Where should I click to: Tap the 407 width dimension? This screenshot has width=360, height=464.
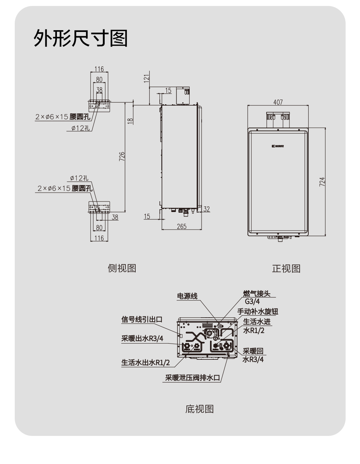click(278, 102)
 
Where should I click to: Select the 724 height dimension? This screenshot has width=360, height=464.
click(322, 182)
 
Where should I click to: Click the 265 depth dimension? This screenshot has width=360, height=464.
click(182, 227)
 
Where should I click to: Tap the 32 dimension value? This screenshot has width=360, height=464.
click(207, 209)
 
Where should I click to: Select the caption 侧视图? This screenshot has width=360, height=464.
click(122, 268)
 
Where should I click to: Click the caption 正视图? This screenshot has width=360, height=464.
click(286, 269)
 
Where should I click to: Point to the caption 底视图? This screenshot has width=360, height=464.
click(199, 409)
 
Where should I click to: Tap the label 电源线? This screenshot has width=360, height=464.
click(187, 296)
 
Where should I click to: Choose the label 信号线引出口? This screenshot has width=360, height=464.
click(142, 319)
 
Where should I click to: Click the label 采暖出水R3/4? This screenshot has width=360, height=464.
click(142, 339)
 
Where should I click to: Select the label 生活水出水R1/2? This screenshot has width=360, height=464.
click(145, 363)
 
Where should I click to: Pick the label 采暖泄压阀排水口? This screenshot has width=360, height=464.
click(192, 378)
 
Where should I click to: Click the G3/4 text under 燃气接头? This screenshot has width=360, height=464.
click(252, 301)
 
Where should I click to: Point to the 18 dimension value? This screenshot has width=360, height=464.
click(130, 120)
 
